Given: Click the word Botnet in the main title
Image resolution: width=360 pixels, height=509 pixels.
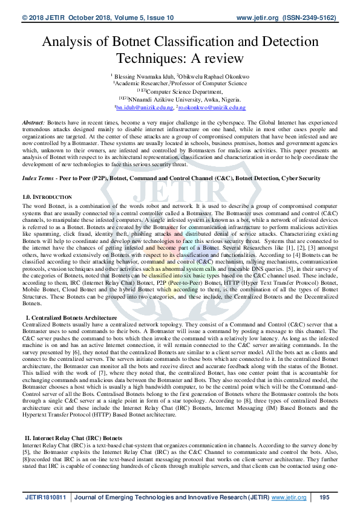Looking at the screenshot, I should tap(134, 42).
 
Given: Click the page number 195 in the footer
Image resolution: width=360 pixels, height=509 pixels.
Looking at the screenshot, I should tap(324, 497).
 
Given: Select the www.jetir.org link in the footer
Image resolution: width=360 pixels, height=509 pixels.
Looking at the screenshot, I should tap(289, 497).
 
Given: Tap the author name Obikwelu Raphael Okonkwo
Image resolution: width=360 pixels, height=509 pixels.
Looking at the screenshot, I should tap(213, 76).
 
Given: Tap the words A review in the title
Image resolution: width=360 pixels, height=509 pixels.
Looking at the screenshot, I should tap(217, 59).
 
